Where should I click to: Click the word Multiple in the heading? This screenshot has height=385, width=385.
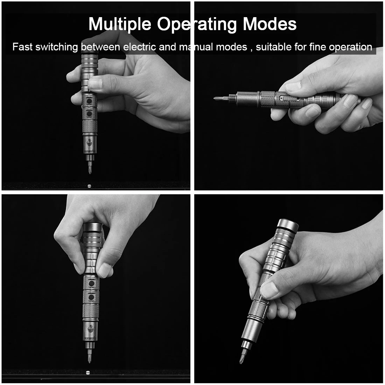click(120, 24)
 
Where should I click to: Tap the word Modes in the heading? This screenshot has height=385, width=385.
click(269, 24)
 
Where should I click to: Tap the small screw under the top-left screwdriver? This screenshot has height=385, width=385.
click(89, 186)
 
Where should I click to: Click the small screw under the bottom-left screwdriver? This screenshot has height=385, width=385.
click(88, 373)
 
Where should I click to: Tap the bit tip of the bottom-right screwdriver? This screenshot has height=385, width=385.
click(241, 362)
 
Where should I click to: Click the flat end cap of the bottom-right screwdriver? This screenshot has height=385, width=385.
click(288, 225)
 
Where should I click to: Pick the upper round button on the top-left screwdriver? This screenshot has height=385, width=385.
click(89, 101)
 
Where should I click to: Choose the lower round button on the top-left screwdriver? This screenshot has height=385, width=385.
click(89, 114)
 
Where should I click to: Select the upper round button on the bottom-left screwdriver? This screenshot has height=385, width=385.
click(91, 283)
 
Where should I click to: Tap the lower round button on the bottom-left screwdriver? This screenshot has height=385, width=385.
click(91, 297)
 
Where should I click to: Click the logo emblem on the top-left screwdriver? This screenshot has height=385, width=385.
click(90, 142)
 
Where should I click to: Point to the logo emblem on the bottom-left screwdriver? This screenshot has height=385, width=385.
click(91, 328)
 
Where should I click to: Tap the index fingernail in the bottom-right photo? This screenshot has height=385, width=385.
click(269, 290)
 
